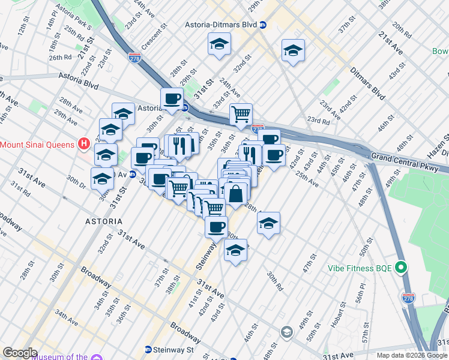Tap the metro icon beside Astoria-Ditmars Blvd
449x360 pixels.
tap(263, 25)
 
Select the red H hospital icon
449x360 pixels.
tap(84, 144)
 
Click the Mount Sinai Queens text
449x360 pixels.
tap(37, 144)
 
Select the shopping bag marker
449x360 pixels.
tap(237, 193)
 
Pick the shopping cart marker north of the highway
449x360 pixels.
tap(241, 113)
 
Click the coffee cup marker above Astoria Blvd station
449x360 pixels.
tap(172, 98)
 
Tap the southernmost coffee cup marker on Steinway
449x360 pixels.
tap(217, 227)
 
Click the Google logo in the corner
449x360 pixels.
tap(20, 353)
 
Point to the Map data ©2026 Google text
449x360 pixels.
tap(412, 355)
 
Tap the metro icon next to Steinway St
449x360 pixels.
tap(148, 349)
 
